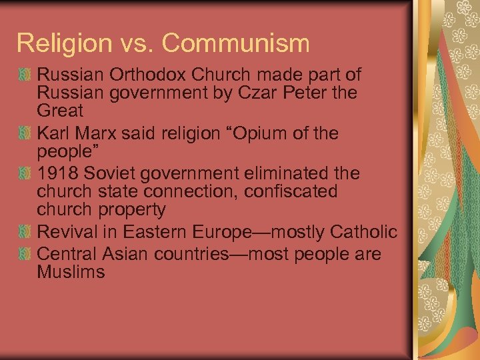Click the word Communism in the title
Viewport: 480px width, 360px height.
tap(235, 43)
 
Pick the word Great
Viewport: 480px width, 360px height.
tap(61, 110)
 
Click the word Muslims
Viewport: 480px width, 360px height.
tap(71, 272)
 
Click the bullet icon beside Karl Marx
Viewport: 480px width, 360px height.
tap(25, 134)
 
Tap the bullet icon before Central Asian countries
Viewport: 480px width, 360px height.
tap(25, 254)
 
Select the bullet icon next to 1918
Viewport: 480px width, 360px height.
tap(25, 174)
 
